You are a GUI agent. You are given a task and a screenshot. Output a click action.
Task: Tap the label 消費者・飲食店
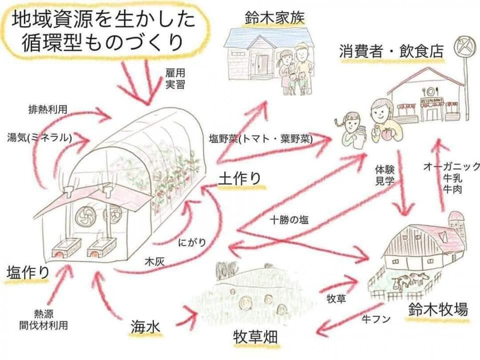[391, 51]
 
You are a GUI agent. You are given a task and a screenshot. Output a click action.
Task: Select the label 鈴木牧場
[438, 309]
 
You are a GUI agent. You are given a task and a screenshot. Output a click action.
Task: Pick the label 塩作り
[28, 273]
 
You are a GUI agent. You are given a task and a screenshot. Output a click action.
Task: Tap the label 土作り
[240, 178]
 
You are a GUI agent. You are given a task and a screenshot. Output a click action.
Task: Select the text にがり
[192, 243]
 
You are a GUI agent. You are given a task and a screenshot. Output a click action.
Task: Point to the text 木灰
[154, 261]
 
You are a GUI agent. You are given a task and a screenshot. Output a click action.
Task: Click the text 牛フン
[376, 319]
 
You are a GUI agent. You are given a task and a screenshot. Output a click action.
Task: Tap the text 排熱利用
[48, 110]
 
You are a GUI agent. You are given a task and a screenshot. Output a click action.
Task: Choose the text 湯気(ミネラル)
[39, 137]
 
